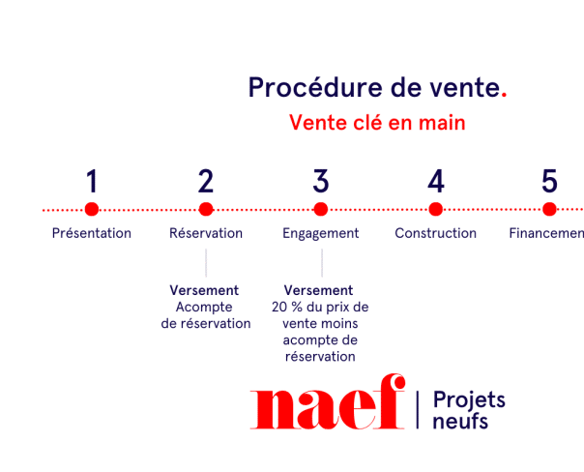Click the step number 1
point(92,181)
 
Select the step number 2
point(206,181)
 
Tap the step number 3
point(321,181)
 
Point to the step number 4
point(436,181)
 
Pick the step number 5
point(549,181)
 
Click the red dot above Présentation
point(92,209)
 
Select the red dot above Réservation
point(206,209)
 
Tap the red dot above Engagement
point(321,209)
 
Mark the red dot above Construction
point(436,209)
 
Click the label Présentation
point(92,233)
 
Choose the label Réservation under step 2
point(206,233)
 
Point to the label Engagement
point(321,233)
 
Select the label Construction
point(436,233)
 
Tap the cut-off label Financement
point(547,233)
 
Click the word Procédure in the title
point(302,88)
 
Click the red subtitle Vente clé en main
point(377,124)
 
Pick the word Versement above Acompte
point(204,290)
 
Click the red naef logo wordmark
point(327,407)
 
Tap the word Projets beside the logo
point(469,399)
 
